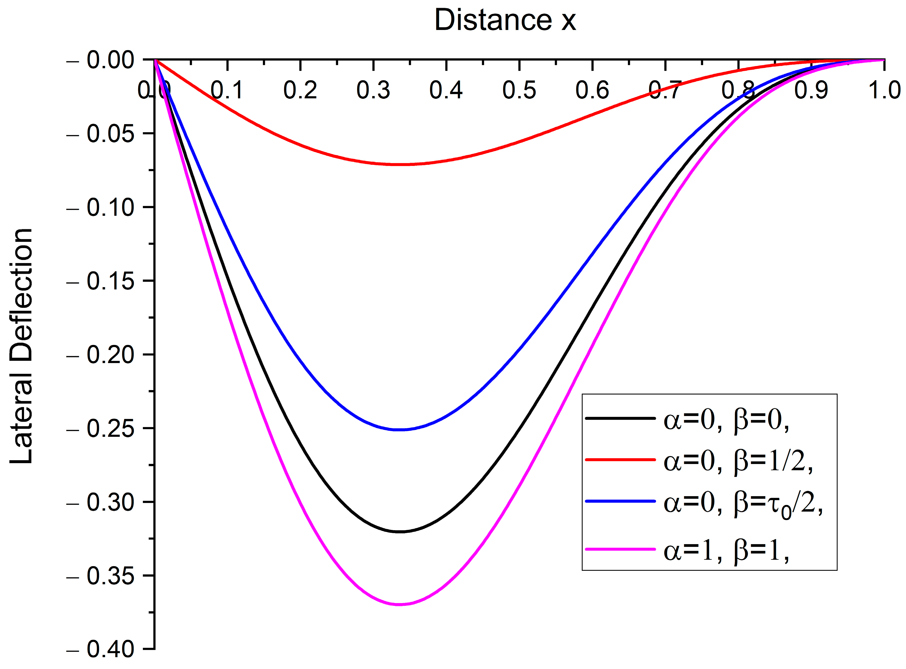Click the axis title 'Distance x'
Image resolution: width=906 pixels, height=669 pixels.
[x=505, y=20]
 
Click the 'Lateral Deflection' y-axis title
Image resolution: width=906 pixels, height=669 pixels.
[x=21, y=346]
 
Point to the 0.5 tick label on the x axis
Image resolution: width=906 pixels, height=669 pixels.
[x=519, y=90]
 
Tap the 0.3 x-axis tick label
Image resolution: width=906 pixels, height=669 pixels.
[x=373, y=90]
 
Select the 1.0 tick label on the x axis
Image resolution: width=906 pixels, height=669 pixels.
[x=884, y=90]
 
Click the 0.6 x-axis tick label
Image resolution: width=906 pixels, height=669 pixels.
[x=592, y=90]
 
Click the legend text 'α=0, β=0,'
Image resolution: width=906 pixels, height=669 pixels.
[x=726, y=420]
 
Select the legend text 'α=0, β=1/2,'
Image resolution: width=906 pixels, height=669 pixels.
[x=738, y=461]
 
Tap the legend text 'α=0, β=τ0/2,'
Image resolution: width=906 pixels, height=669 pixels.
[x=743, y=504]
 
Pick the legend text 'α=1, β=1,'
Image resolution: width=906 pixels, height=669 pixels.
[x=726, y=551]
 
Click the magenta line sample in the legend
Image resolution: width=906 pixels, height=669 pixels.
[x=620, y=549]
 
